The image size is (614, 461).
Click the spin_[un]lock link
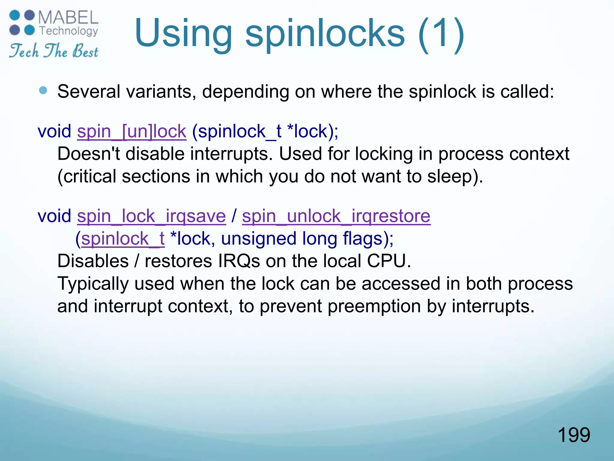tap(132, 131)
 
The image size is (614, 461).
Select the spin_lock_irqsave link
tap(151, 216)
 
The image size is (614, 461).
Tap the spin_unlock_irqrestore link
tap(336, 216)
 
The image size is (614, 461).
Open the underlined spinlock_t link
tap(123, 239)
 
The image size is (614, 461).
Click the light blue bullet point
tap(43, 90)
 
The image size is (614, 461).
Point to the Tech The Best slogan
tap(54, 51)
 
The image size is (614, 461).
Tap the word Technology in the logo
tap(69, 31)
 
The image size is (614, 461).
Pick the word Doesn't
tap(88, 154)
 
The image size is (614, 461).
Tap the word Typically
tap(93, 284)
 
